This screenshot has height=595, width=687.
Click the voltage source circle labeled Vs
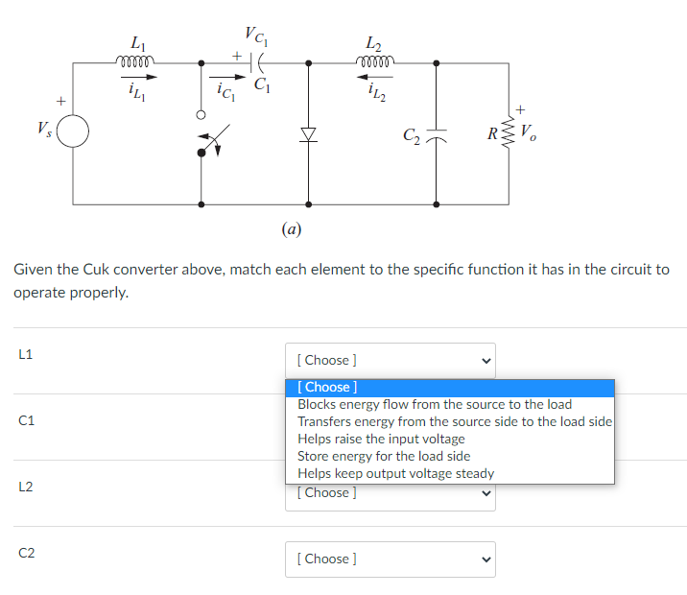click(x=75, y=131)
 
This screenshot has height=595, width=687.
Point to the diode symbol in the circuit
click(x=308, y=134)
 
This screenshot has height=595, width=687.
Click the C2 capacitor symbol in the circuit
click(x=438, y=134)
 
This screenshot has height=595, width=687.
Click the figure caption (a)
click(x=292, y=229)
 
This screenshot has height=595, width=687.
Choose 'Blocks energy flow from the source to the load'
click(x=435, y=404)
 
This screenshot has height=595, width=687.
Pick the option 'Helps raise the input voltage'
click(x=381, y=439)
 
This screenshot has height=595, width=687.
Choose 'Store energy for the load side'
click(x=384, y=456)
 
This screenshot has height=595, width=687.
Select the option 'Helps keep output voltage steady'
click(x=395, y=473)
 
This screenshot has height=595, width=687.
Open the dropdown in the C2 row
click(x=390, y=559)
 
